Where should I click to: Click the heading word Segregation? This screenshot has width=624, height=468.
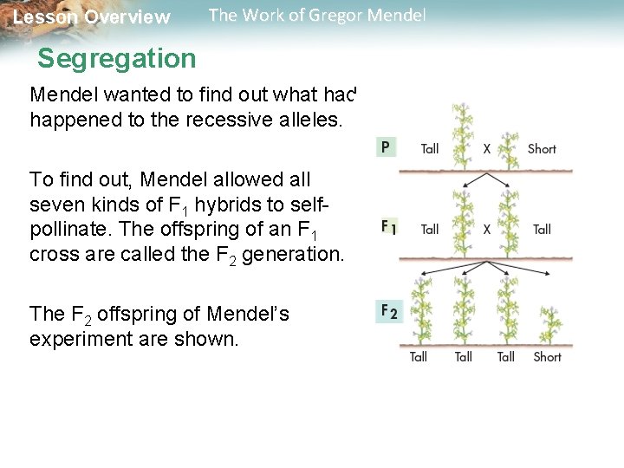[x=117, y=59]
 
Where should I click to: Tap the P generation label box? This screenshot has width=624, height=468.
[x=385, y=147]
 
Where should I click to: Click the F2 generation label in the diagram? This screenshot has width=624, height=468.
[x=388, y=310]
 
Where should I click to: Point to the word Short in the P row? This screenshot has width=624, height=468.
[x=542, y=148]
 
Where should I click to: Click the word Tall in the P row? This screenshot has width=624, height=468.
[x=430, y=148]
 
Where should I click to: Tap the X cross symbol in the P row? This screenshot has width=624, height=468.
[x=486, y=148]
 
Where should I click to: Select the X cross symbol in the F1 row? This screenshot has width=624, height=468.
[x=486, y=229]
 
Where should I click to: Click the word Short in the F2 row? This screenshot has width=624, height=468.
[x=547, y=356]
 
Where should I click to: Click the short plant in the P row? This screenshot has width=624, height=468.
[x=510, y=146]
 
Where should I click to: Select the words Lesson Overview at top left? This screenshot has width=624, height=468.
[x=92, y=17]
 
